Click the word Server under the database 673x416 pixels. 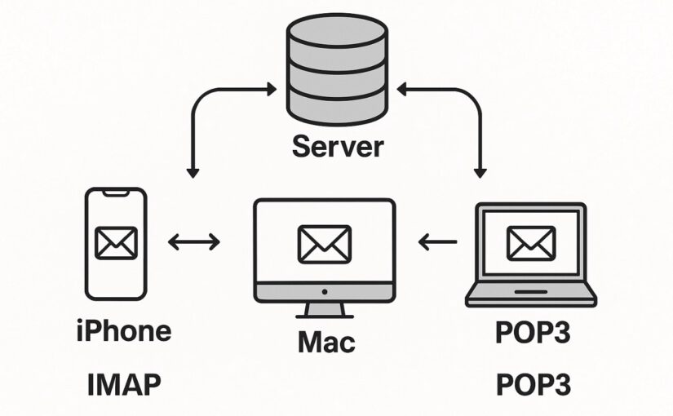point(337,147)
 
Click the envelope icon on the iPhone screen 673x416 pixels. point(117,242)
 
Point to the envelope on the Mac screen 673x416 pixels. point(324,242)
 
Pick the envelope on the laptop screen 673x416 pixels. point(530,242)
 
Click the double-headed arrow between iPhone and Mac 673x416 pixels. point(193,241)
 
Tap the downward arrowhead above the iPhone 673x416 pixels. point(193,172)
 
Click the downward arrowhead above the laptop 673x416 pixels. point(480,172)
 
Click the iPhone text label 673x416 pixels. point(123,331)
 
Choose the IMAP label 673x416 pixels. point(123,383)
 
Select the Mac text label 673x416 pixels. point(325,341)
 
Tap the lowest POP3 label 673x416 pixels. point(534,383)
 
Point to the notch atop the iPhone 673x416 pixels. point(117,193)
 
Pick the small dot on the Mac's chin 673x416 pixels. point(325,291)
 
